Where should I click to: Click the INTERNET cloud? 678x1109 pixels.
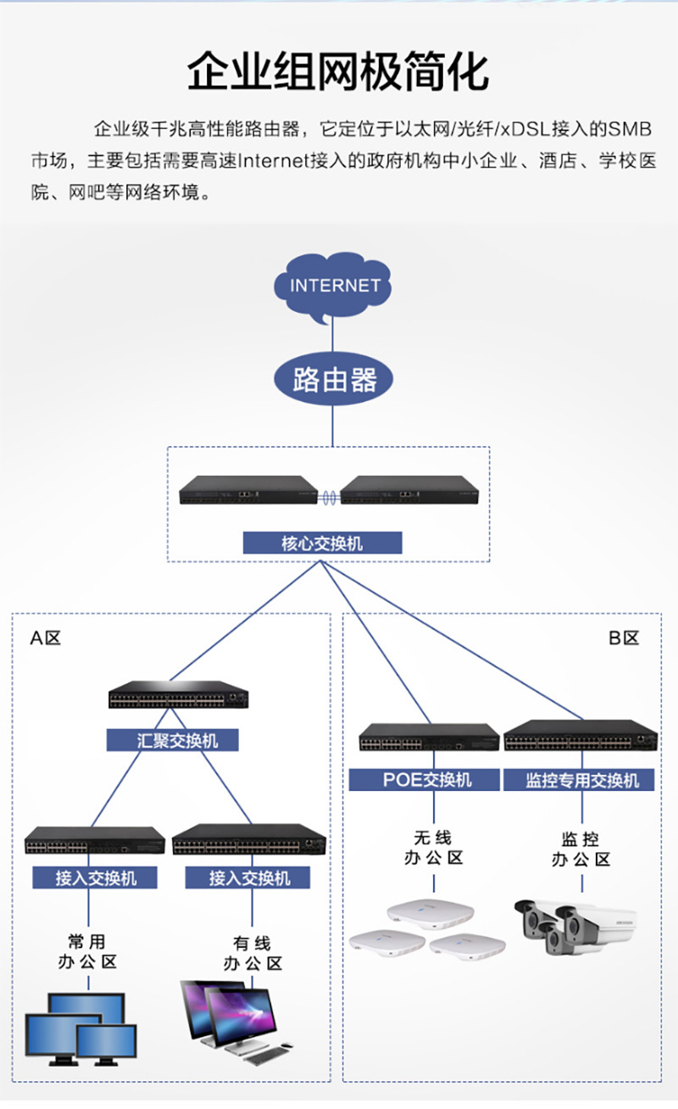tap(332, 287)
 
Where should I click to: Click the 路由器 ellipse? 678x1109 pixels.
tap(333, 379)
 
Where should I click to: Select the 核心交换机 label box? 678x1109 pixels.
tap(322, 543)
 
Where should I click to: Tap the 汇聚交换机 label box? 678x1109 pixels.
tap(172, 740)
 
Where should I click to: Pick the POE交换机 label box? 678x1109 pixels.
tap(424, 780)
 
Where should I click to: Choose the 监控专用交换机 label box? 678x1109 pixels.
tap(579, 780)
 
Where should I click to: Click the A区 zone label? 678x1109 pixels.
tap(46, 638)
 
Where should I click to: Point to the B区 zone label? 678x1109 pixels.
tap(624, 638)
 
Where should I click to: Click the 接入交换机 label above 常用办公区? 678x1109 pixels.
tap(95, 878)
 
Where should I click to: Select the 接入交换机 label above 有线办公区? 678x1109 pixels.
tap(247, 878)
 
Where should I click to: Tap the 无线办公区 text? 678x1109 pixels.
tap(434, 848)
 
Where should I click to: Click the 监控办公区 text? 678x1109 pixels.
tap(581, 849)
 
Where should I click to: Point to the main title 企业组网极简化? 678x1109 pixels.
tap(338, 72)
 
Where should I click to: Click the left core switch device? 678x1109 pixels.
tap(248, 490)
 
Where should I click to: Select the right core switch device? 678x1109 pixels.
tap(410, 490)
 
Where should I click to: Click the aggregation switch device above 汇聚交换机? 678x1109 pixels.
tap(179, 694)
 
